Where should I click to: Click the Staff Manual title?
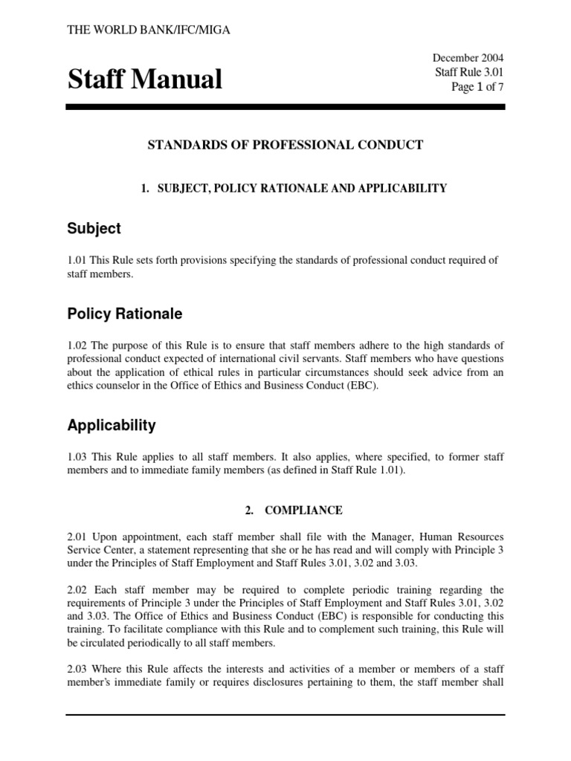145,79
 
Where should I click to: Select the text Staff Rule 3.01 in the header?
469,72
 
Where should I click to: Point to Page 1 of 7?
477,87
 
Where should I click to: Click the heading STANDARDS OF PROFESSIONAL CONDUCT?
285,145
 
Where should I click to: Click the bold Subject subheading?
94,229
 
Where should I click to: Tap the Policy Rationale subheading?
125,314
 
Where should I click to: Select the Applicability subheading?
112,426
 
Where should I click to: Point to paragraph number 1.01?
78,259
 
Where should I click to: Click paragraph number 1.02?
78,345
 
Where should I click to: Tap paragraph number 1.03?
78,456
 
